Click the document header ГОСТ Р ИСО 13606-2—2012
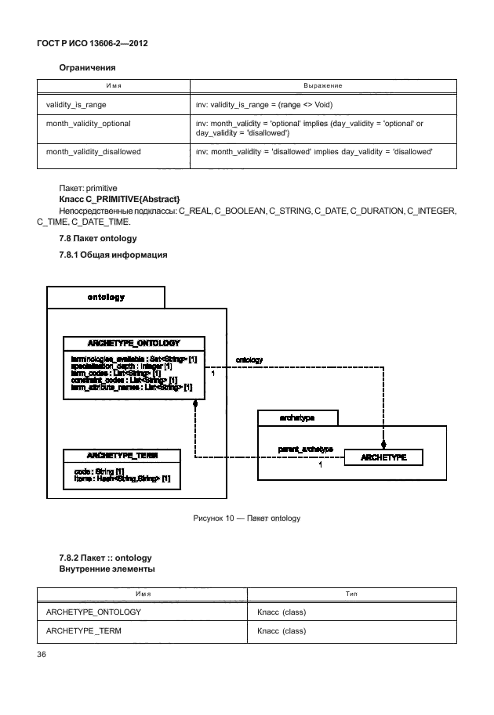coord(93,43)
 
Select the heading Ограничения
coord(88,68)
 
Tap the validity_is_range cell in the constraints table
coord(76,103)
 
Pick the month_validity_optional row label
coord(88,124)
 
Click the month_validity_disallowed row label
coord(93,151)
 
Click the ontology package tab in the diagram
coord(106,298)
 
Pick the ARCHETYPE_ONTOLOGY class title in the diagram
coord(134,343)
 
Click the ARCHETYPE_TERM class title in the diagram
coord(122,455)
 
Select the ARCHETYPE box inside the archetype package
coord(383,457)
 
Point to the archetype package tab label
coord(297,418)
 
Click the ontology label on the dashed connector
coord(249,360)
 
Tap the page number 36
coord(43,655)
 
